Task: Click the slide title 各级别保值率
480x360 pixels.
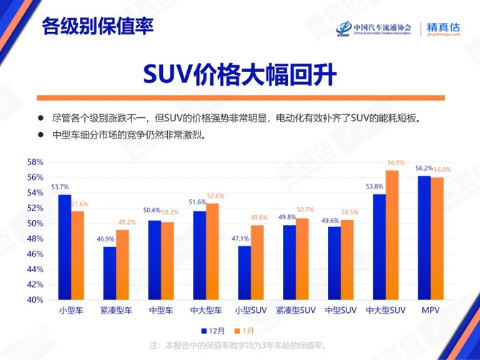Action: pyautogui.click(x=97, y=27)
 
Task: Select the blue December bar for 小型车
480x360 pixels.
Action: pyautogui.click(x=64, y=247)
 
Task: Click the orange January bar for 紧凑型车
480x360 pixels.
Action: pyautogui.click(x=123, y=264)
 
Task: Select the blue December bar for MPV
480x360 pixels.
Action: pyautogui.click(x=424, y=238)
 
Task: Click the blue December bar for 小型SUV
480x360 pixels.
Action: pyautogui.click(x=244, y=272)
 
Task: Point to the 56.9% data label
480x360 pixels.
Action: pyautogui.click(x=396, y=162)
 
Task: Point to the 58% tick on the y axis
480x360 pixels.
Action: pyautogui.click(x=36, y=162)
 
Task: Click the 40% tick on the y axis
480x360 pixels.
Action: pyautogui.click(x=36, y=300)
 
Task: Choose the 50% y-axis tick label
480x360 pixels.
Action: pyautogui.click(x=36, y=224)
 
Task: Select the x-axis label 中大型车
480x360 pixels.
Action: pyautogui.click(x=206, y=311)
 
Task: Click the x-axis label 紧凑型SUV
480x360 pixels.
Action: pyautogui.click(x=296, y=311)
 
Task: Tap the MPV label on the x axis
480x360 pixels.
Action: pyautogui.click(x=431, y=311)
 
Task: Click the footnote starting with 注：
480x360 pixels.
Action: pyautogui.click(x=239, y=346)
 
